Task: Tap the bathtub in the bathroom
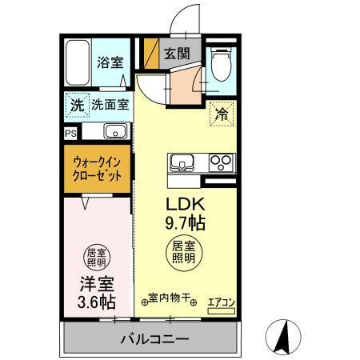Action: pos(78,62)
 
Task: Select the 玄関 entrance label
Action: pos(176,54)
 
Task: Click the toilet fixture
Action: pos(220,62)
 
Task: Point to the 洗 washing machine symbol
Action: pos(75,104)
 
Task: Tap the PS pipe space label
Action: pos(70,133)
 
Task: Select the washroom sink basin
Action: pos(114,132)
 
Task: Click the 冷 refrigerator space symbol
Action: pos(220,114)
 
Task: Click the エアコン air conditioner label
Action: pos(221,302)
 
